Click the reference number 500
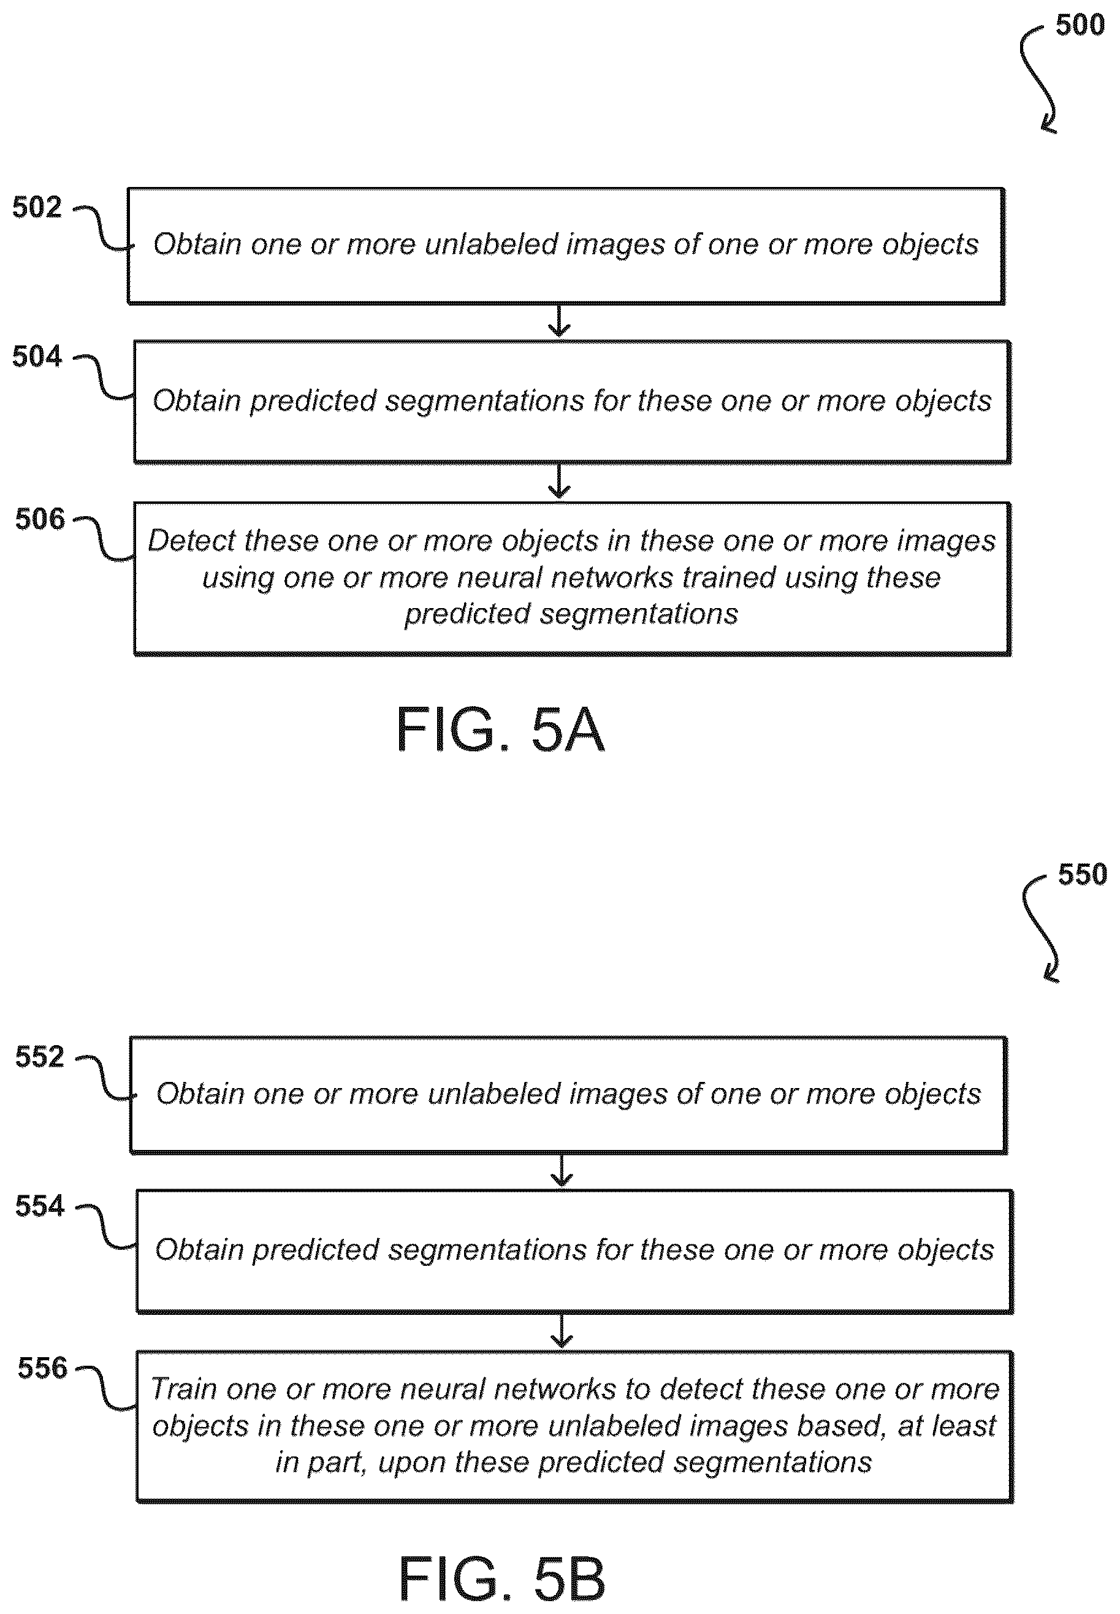1080,25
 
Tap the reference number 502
37,207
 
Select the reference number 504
37,357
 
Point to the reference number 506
40,519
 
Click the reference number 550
1083,874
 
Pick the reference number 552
40,1057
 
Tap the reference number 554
40,1206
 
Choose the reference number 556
43,1368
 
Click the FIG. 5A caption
500,730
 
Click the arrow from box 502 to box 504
558,321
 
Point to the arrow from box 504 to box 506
558,481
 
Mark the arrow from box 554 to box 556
562,1331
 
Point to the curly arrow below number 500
1038,77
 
